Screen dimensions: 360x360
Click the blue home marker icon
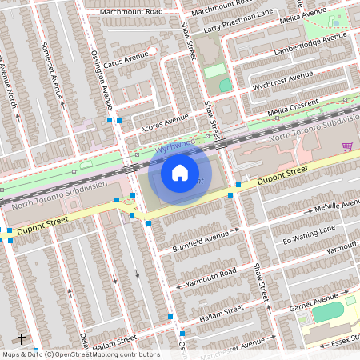pos(180,172)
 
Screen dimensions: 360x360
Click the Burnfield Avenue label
pos(201,240)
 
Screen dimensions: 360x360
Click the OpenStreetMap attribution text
pos(80,354)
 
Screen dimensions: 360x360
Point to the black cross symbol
pos(22,339)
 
